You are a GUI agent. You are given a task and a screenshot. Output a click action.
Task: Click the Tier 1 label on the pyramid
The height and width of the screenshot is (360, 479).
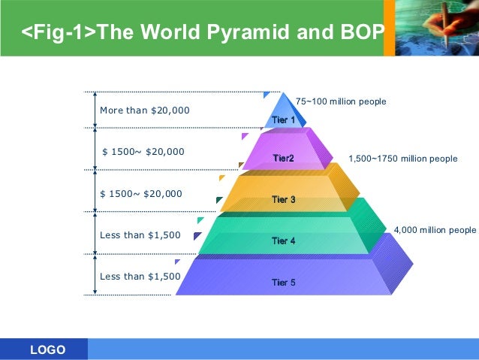(283, 120)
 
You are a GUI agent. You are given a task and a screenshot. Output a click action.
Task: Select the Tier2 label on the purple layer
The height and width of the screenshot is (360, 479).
(283, 159)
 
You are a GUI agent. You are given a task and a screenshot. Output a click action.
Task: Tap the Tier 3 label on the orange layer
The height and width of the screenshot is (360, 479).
(283, 200)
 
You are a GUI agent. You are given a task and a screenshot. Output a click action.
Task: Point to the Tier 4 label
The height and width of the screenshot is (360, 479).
(283, 241)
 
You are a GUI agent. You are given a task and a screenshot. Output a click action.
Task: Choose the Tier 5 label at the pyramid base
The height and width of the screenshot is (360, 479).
(283, 283)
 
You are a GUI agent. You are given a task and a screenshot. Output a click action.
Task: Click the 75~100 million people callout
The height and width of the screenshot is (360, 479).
(341, 101)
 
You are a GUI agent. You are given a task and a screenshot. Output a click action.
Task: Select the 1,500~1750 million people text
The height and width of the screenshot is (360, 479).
(402, 159)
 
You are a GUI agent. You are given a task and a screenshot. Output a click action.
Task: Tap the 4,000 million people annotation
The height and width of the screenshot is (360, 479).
(435, 230)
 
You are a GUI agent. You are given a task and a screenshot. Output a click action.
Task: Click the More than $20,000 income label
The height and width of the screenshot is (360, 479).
(145, 110)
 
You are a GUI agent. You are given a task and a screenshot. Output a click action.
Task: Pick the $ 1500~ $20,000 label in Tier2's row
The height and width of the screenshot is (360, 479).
(143, 152)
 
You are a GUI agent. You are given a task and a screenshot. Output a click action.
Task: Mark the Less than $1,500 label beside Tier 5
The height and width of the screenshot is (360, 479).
(140, 277)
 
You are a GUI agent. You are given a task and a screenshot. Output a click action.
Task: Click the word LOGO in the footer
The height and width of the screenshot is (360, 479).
(47, 350)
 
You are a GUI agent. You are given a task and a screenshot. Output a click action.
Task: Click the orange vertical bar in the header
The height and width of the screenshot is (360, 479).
(389, 28)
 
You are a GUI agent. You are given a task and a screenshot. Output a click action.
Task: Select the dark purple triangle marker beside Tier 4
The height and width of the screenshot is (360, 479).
(197, 236)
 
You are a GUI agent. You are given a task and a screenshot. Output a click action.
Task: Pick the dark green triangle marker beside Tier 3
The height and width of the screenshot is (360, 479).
(219, 201)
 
